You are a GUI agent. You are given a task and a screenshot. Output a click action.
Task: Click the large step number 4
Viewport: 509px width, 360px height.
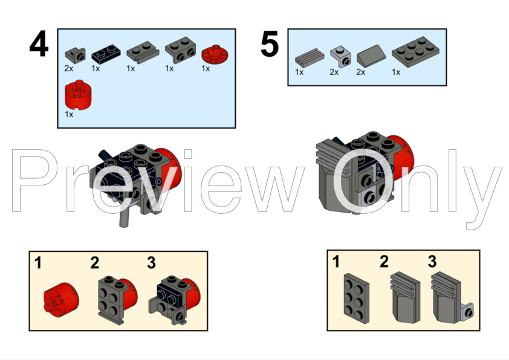pos(39,43)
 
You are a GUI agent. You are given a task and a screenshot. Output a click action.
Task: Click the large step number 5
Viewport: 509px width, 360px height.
pos(270,43)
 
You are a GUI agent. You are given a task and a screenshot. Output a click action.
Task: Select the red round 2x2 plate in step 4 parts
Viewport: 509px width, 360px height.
pos(215,54)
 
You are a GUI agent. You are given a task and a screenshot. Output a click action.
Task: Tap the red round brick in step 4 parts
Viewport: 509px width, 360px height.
pos(78,94)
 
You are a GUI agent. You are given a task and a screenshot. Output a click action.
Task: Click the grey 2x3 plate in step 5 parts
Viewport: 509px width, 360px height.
pos(415,52)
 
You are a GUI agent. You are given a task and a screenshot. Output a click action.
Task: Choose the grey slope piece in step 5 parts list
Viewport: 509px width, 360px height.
pos(371,56)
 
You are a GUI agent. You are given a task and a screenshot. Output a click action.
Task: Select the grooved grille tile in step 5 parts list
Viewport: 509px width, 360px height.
pos(310,57)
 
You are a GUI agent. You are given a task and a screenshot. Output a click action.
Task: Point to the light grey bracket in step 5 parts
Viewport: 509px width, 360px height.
pos(341,56)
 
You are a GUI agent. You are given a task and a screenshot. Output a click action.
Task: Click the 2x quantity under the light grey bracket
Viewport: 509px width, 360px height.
pos(334,72)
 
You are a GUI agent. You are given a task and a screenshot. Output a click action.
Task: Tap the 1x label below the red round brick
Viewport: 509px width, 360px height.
pos(69,114)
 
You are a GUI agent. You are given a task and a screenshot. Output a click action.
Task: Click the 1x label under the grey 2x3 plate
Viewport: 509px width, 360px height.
pos(396,72)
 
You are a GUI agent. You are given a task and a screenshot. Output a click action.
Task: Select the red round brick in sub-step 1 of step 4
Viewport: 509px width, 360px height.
pos(61,299)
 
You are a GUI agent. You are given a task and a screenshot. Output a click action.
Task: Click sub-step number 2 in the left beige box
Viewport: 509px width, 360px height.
pos(94,263)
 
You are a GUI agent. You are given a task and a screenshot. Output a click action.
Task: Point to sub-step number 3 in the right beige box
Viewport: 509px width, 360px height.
pos(432,262)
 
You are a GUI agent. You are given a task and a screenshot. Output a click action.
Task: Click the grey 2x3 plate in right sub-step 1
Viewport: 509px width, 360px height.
pos(357,298)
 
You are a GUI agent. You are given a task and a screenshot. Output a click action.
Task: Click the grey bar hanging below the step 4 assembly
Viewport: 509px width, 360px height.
pos(125,216)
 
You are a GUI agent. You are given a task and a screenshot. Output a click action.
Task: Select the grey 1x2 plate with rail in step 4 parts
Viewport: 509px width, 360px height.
pos(143,52)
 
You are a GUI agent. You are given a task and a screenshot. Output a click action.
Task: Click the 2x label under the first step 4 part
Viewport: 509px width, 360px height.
pos(69,68)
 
